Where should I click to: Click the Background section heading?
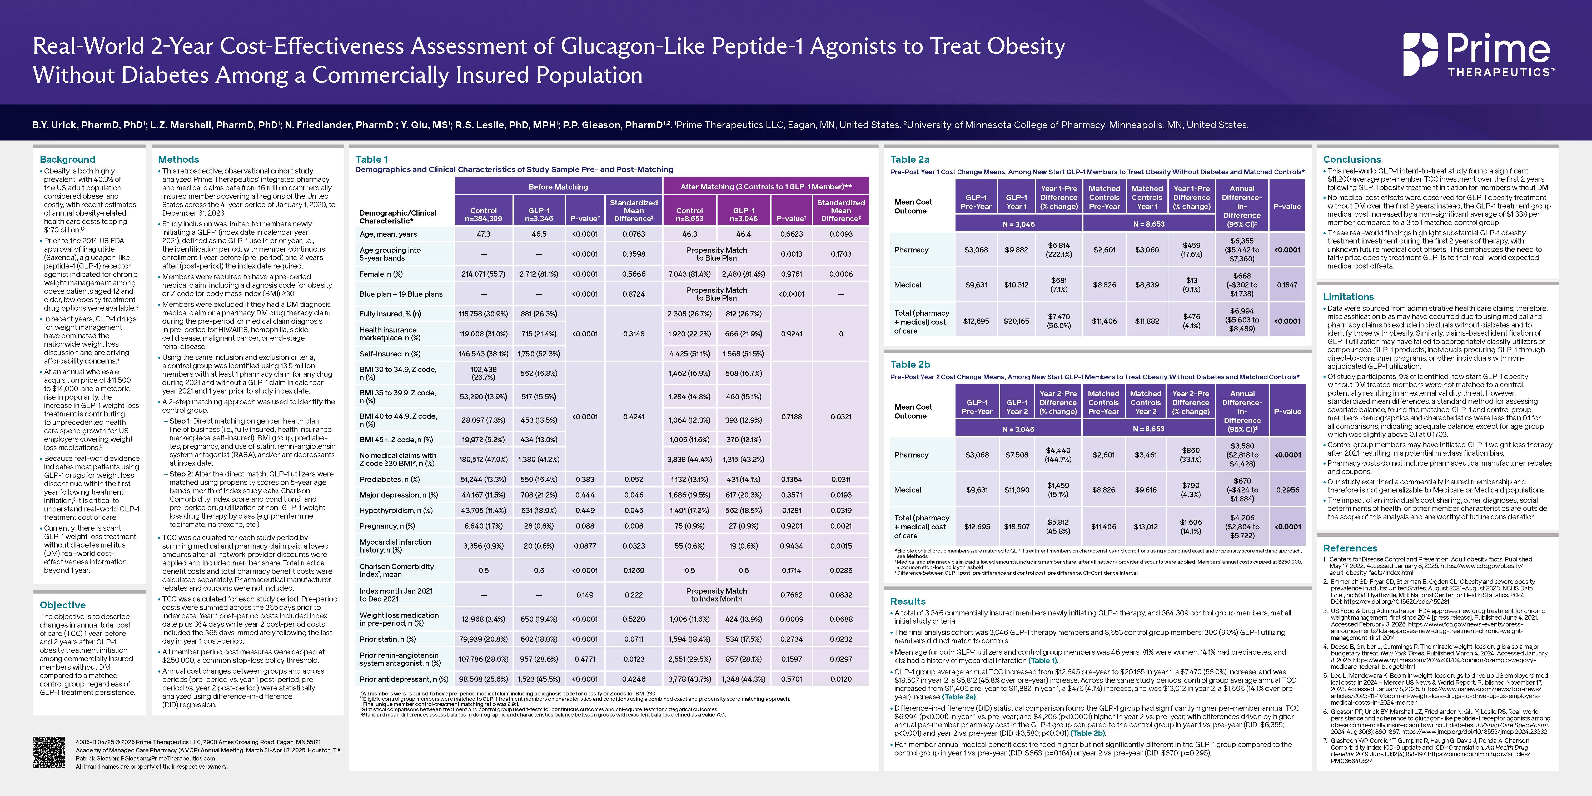pyautogui.click(x=67, y=160)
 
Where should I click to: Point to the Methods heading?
pyautogui.click(x=179, y=160)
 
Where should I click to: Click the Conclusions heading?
pyautogui.click(x=1352, y=160)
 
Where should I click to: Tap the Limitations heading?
pyautogui.click(x=1348, y=297)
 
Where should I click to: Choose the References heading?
pyautogui.click(x=1350, y=548)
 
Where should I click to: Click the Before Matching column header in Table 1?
pyautogui.click(x=558, y=187)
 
